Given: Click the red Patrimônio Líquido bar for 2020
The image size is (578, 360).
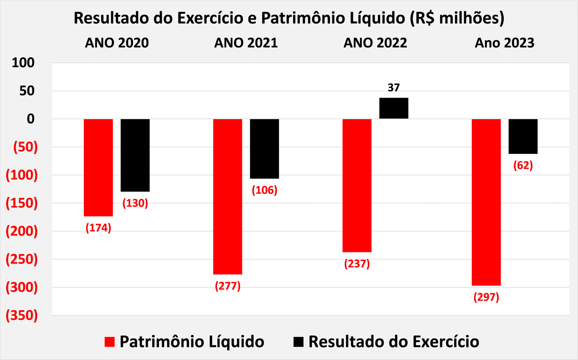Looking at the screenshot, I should point(98,167).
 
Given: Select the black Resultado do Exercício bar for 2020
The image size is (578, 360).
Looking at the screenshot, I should point(135,155).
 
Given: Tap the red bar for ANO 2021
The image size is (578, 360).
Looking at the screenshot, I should point(228,196).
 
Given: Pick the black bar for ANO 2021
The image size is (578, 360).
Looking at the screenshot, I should point(264,149).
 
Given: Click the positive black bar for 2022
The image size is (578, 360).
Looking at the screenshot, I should point(394,108).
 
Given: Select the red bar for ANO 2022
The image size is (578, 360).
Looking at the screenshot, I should point(357,185).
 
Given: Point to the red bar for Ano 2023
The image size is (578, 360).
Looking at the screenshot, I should point(486,202).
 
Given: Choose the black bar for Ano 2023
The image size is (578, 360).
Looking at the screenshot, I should point(523,136).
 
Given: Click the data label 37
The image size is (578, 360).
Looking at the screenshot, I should point(394,88).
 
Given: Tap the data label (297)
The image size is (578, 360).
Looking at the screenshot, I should point(486,297).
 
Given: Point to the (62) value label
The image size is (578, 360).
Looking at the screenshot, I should point(523,166).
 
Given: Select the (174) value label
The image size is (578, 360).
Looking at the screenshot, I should point(98,228).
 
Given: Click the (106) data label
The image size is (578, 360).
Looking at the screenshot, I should point(264,190).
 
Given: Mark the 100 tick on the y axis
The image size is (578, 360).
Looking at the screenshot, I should point(23,63).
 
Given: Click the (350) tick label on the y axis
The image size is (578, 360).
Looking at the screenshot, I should point(22,315).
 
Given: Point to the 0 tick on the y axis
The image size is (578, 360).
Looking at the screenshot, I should point(31,119).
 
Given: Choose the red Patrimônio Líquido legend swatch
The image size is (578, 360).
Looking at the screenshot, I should point(109,342).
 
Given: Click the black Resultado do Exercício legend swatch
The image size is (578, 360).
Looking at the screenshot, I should point(298,342).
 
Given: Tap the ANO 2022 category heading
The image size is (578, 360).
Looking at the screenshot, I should point(375,43).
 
